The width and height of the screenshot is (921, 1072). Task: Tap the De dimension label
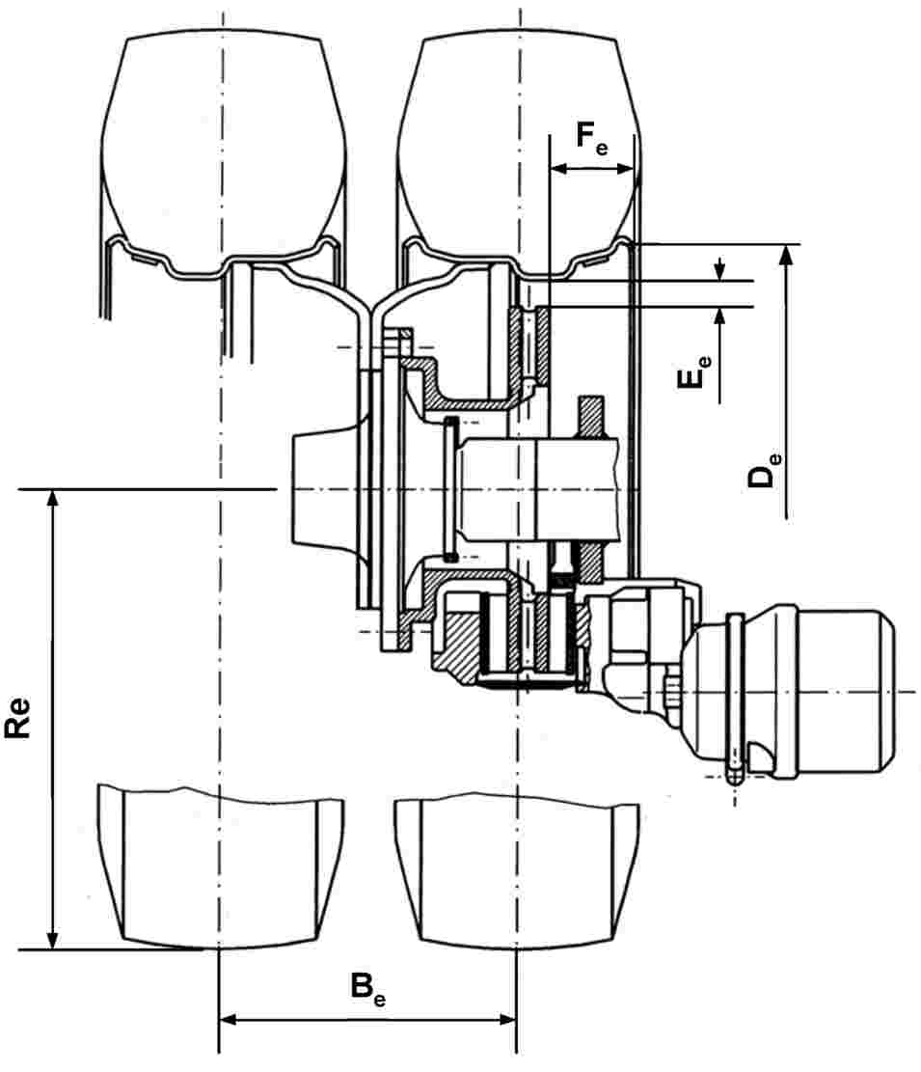pos(764,468)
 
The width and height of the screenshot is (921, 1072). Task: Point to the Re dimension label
pos(17,717)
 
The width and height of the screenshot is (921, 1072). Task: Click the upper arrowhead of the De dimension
pos(786,255)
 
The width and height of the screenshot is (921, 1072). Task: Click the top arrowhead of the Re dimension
pos(52,500)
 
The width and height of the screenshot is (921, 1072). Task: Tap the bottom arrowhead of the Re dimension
pos(52,939)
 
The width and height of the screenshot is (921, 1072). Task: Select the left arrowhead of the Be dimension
pos(229,1020)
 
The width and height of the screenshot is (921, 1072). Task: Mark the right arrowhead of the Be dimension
pos(505,1020)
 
